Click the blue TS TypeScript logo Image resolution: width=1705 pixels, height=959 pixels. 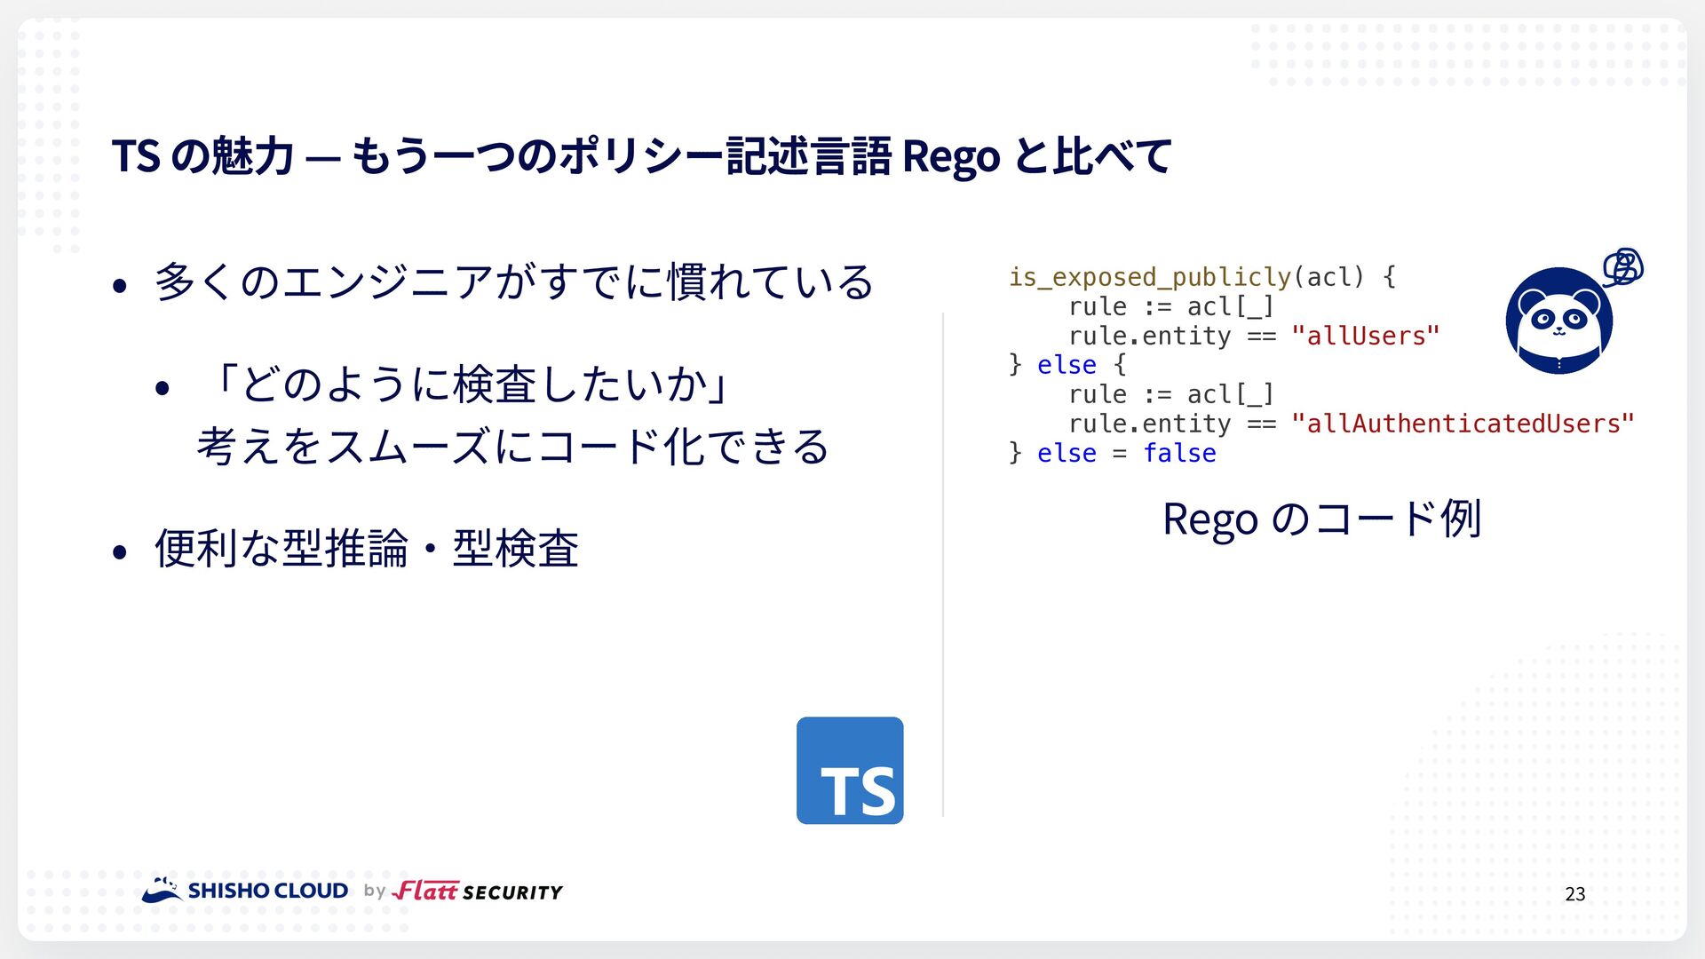[850, 770]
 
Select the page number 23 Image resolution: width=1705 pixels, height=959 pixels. [1575, 894]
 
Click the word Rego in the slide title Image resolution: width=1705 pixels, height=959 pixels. [951, 156]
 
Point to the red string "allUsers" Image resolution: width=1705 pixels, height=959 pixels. [1366, 336]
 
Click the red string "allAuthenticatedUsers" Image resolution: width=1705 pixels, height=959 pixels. [1463, 424]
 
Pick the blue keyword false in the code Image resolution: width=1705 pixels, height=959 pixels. [1179, 453]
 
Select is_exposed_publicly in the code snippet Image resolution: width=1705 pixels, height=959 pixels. [1150, 277]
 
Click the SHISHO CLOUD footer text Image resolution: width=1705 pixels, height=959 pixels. [268, 891]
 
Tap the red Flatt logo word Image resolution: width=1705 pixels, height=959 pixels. [426, 890]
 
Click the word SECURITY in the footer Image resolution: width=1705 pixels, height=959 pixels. [513, 892]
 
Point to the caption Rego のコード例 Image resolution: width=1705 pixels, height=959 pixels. [1322, 519]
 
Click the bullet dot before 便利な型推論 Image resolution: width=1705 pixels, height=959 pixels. [120, 552]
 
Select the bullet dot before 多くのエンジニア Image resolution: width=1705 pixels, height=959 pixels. [120, 286]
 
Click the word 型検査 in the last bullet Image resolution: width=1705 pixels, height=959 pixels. [516, 548]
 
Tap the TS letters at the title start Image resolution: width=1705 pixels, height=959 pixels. [136, 156]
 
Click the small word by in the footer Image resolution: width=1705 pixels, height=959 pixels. [375, 891]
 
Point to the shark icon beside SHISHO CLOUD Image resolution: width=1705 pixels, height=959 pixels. [163, 890]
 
